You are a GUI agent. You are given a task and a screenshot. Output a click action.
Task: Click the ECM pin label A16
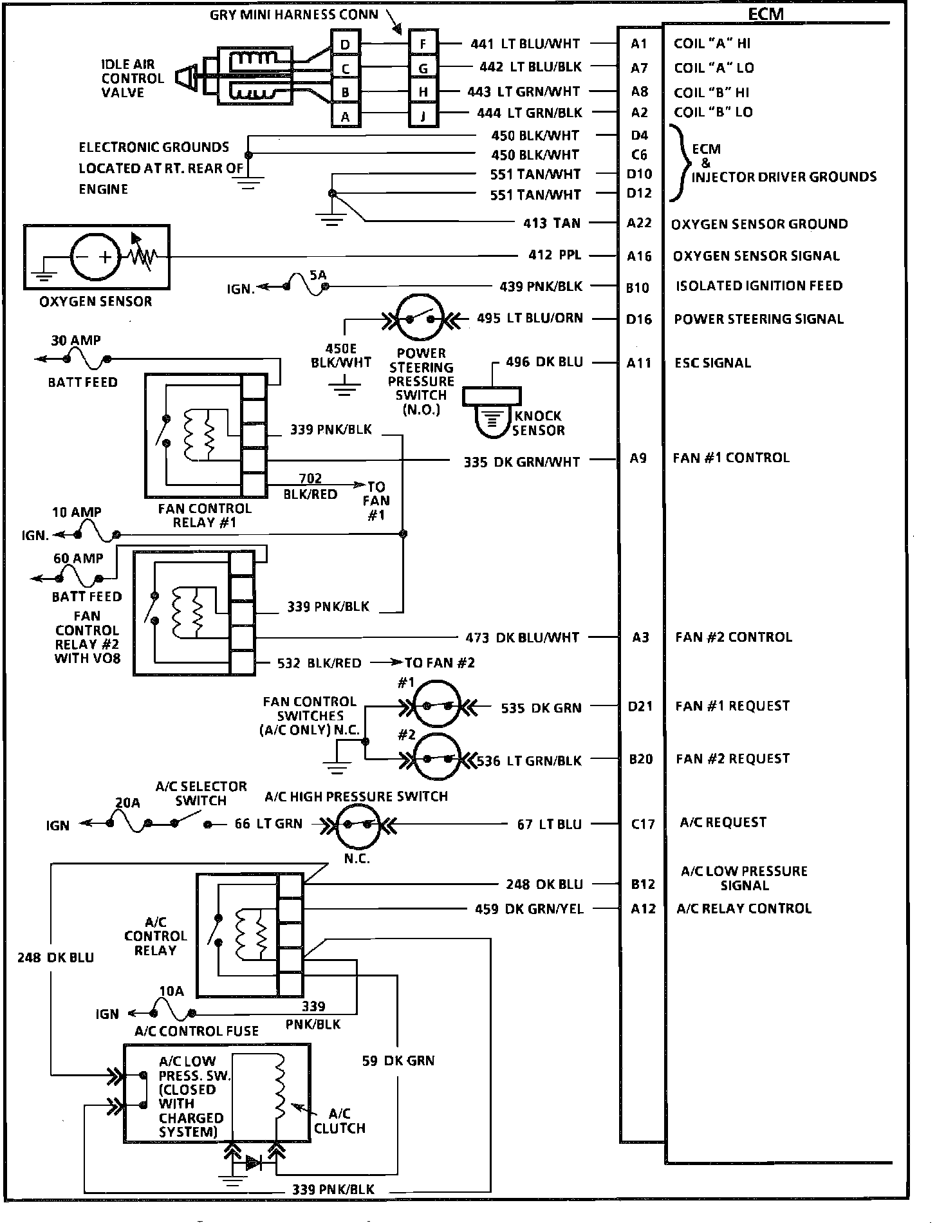(639, 256)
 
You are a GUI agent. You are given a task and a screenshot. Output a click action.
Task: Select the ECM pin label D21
(640, 706)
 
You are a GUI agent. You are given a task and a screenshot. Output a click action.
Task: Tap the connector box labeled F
(423, 44)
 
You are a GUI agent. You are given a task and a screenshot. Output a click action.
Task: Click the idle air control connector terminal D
(346, 44)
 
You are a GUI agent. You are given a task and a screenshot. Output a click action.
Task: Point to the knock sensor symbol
(492, 412)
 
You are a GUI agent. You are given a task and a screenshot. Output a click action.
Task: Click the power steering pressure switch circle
(422, 318)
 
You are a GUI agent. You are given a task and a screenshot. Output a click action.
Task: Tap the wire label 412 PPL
(555, 256)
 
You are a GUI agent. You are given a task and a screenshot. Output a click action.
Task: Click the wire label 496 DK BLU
(544, 362)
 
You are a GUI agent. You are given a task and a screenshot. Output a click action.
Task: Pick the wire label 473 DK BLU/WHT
(523, 638)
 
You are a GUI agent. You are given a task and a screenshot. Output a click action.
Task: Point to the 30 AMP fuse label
(76, 340)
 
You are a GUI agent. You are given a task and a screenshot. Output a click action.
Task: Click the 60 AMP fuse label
(78, 558)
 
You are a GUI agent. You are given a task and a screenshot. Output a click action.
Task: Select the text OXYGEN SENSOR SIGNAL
(756, 256)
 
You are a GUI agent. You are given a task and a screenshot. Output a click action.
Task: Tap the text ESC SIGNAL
(712, 363)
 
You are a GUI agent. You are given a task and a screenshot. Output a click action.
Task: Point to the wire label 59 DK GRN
(398, 1061)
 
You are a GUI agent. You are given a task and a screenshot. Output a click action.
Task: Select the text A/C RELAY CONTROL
(744, 909)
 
